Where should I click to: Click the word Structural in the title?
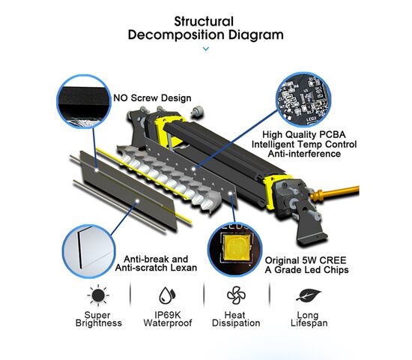point(204,21)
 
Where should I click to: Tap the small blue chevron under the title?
point(206,49)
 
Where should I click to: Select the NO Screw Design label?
point(152,98)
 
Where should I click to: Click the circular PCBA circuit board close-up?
point(303,100)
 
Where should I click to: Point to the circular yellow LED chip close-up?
point(235,250)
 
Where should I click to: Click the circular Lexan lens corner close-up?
point(89,251)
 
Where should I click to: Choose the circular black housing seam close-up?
point(84,101)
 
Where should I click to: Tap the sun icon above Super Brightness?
point(98,295)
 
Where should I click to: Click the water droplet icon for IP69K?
point(167,295)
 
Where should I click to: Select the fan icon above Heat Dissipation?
point(236,295)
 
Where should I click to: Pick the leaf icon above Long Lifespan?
point(309,295)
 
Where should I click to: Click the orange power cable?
point(335,192)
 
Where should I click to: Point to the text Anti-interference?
point(304,154)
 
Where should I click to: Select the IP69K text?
point(168,315)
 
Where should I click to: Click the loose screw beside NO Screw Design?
point(198,110)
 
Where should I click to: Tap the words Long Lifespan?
point(309,319)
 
